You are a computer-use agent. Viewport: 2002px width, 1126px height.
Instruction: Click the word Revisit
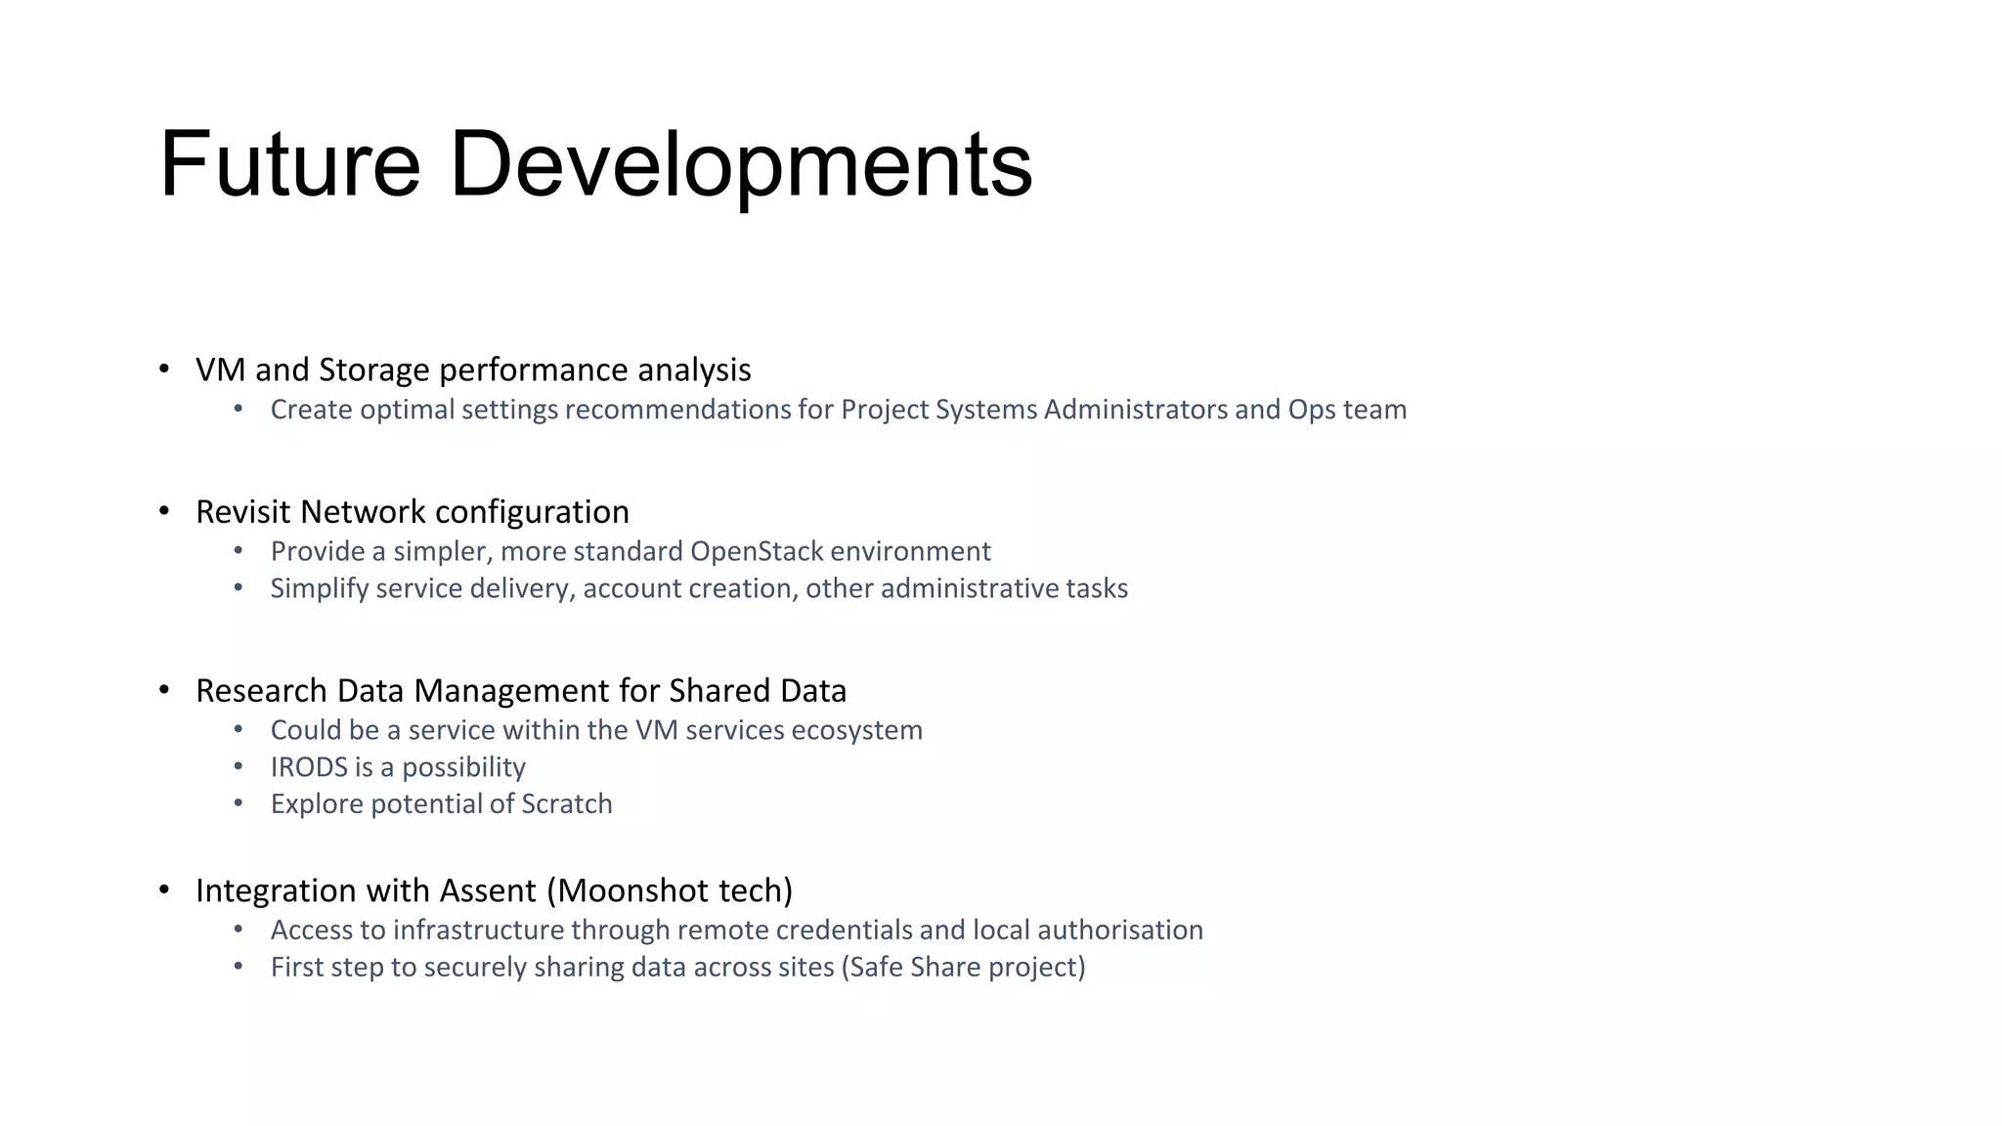(x=243, y=512)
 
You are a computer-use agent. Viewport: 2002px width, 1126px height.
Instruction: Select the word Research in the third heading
(x=261, y=691)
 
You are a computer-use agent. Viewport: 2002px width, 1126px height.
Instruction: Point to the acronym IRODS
(x=309, y=767)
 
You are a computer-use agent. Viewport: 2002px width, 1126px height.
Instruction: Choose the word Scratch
(x=566, y=804)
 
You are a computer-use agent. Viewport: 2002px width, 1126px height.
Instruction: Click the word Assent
(x=488, y=890)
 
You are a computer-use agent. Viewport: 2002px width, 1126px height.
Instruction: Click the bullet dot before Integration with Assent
(x=164, y=889)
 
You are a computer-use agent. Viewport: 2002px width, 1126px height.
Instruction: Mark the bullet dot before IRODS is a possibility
(x=239, y=766)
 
